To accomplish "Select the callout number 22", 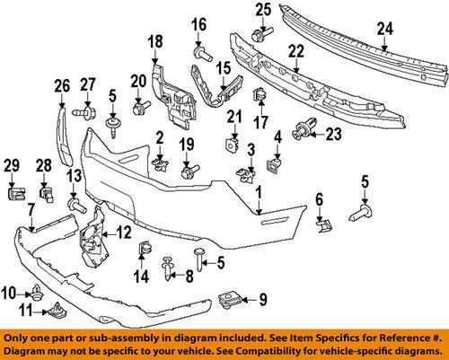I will pos(294,54).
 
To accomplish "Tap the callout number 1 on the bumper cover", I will pos(259,192).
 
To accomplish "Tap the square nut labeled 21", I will pos(232,141).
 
